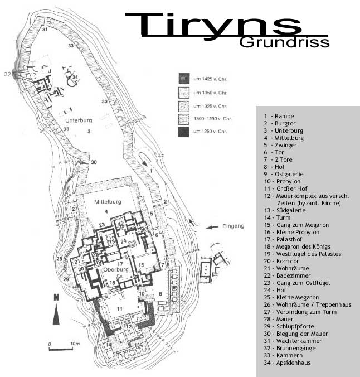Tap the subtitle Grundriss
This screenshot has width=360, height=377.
284,42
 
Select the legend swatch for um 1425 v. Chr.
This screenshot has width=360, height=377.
184,79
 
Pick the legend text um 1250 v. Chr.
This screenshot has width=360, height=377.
210,132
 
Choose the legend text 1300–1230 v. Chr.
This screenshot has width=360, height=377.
212,119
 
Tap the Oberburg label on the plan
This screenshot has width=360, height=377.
116,269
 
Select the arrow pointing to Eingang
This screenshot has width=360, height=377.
212,227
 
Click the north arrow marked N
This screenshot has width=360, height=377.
56,308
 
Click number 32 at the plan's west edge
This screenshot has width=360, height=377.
7,74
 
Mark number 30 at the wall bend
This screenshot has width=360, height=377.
94,162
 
